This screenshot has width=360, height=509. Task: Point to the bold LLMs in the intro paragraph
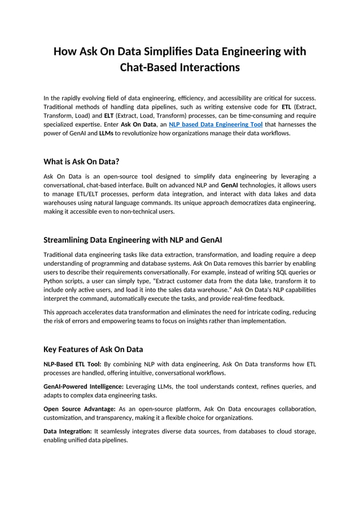[107, 133]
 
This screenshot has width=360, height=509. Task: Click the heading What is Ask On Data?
[81, 161]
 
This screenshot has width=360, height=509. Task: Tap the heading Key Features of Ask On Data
[93, 349]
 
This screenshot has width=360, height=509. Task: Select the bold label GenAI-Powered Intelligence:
[84, 387]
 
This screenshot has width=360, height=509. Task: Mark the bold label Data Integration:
[67, 431]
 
